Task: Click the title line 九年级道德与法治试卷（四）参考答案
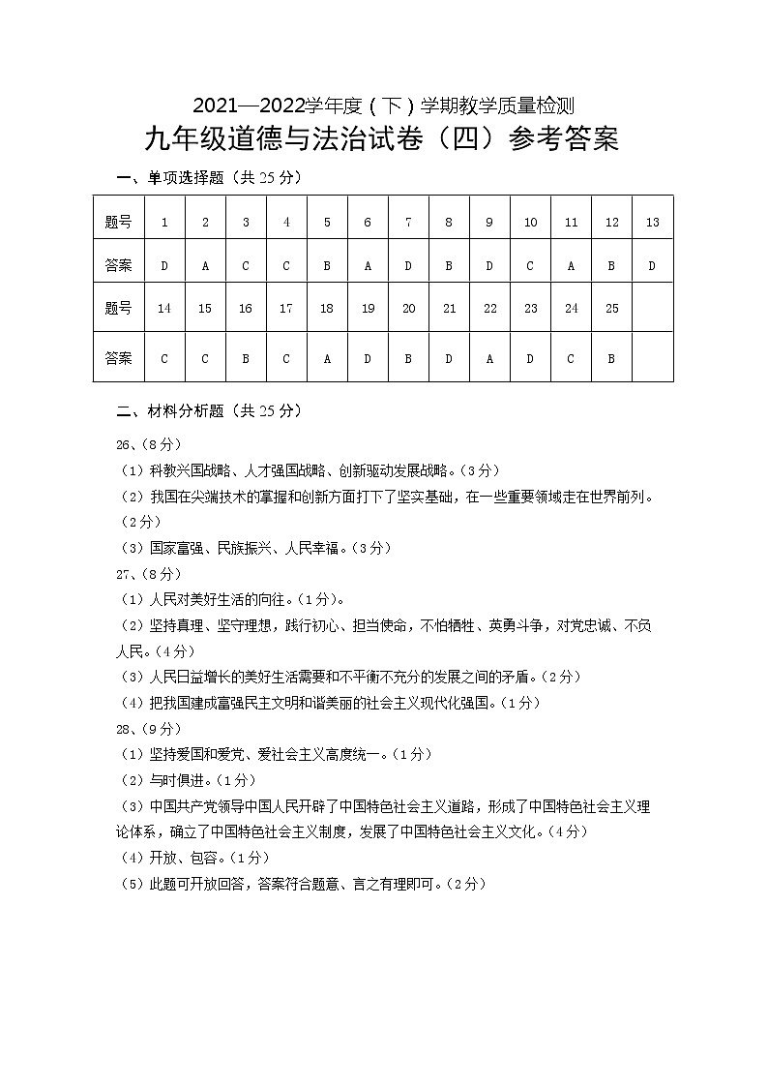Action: pos(381,140)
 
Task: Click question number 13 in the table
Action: pos(652,223)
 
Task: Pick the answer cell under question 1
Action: pos(164,265)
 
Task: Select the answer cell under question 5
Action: pos(327,265)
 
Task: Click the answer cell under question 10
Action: pos(530,265)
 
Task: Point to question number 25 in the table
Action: pos(611,309)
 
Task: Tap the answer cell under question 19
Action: pos(368,358)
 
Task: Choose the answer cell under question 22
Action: pos(489,358)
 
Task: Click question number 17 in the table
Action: pos(286,309)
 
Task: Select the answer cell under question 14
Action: pos(164,358)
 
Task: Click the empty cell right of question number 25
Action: pos(652,309)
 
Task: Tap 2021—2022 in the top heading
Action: pos(249,105)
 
